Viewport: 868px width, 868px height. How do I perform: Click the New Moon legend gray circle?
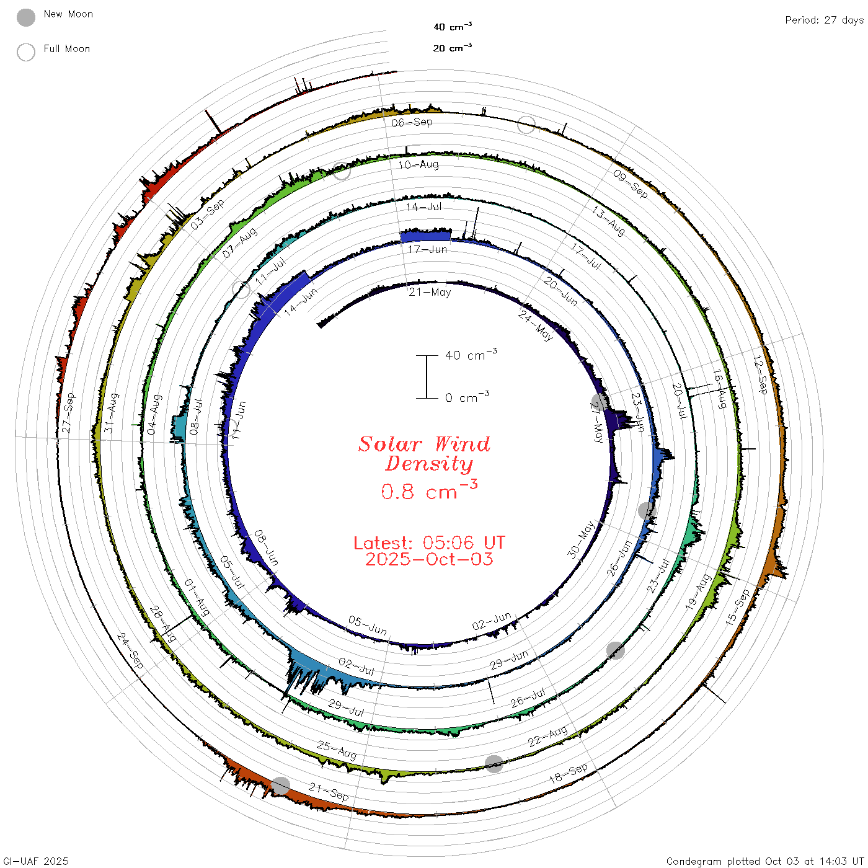(25, 17)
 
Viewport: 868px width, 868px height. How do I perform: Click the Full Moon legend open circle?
(25, 52)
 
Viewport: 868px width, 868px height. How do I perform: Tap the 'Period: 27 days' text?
(825, 20)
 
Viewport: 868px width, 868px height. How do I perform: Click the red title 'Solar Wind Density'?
(424, 454)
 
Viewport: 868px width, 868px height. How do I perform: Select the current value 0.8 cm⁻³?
(429, 490)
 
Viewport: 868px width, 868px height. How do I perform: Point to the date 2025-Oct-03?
(429, 559)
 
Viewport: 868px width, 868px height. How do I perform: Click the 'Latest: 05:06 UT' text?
(429, 542)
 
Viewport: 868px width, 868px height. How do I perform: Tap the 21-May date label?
(430, 292)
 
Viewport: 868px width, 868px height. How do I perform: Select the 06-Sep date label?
(412, 122)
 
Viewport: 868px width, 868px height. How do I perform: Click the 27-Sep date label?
(68, 412)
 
